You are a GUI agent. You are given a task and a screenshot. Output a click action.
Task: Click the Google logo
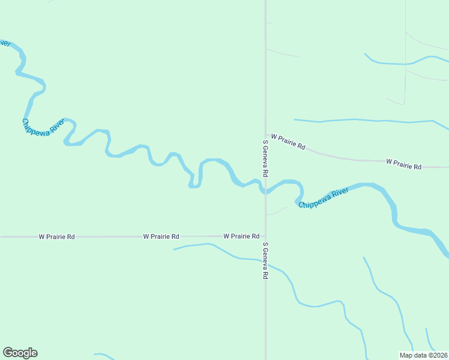(x=20, y=353)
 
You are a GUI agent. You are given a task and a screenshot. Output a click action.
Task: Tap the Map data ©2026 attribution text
(x=424, y=355)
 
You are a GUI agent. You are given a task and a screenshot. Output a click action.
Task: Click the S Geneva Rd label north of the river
(x=265, y=158)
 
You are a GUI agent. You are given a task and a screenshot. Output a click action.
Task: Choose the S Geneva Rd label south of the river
(x=265, y=261)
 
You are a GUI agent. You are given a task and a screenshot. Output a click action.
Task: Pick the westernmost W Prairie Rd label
(x=57, y=237)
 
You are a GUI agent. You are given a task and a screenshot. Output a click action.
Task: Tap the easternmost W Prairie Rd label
(x=404, y=163)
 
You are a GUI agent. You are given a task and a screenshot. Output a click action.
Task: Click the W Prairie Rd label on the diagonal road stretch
(x=288, y=142)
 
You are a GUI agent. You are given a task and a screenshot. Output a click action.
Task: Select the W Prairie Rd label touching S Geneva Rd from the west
(x=241, y=236)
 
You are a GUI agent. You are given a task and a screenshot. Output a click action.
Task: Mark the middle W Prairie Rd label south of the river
(x=161, y=237)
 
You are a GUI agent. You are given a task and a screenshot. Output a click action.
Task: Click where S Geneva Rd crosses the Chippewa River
(x=265, y=190)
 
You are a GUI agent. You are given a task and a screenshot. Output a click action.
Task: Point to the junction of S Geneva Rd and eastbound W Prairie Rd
(x=266, y=134)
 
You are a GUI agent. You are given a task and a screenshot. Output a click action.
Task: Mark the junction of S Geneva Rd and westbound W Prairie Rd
(x=265, y=236)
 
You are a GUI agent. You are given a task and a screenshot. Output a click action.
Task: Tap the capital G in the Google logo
(x=8, y=353)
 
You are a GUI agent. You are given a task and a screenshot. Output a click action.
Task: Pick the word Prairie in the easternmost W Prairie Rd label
(x=405, y=163)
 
